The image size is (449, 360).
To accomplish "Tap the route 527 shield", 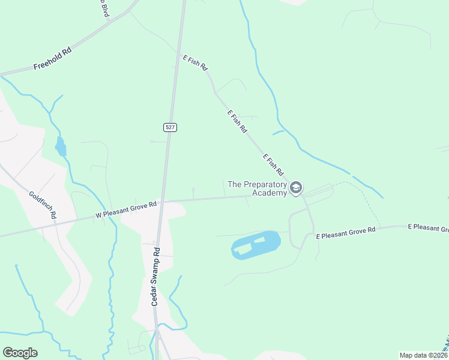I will coord(170,127).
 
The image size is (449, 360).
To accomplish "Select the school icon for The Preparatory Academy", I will coord(295,188).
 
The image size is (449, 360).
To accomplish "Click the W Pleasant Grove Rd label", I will coord(126,209).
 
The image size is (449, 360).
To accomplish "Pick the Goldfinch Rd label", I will coord(43,204).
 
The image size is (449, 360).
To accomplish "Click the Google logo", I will coord(20,353).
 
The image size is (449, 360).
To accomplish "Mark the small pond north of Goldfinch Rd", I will coord(60,146).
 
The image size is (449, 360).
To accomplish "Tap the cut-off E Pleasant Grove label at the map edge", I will coord(429,228).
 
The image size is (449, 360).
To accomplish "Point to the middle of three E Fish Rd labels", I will coord(237,121).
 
